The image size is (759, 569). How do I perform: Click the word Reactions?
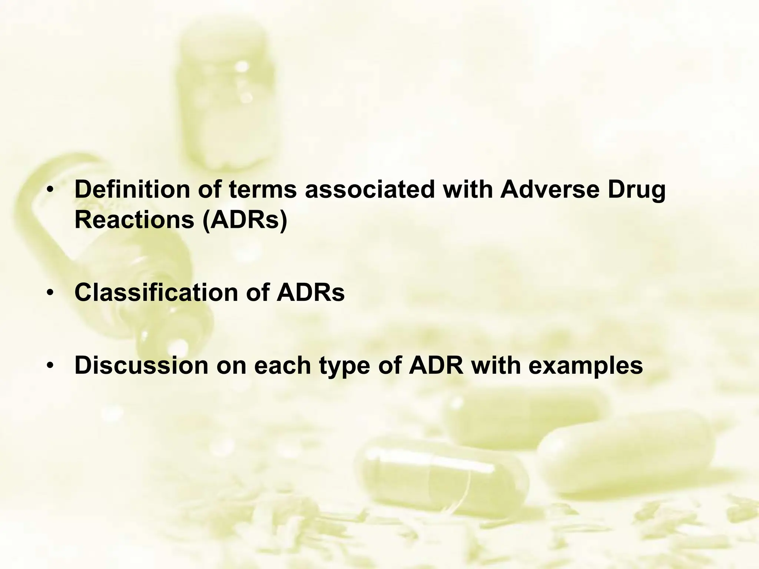[x=135, y=220]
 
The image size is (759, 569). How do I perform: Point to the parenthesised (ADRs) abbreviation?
[x=245, y=220]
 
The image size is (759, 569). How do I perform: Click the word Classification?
[x=156, y=292]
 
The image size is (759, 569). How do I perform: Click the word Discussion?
[x=141, y=365]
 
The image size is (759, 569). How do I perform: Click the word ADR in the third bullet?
[x=436, y=365]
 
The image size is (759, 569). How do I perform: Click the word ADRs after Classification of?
[x=310, y=292]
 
